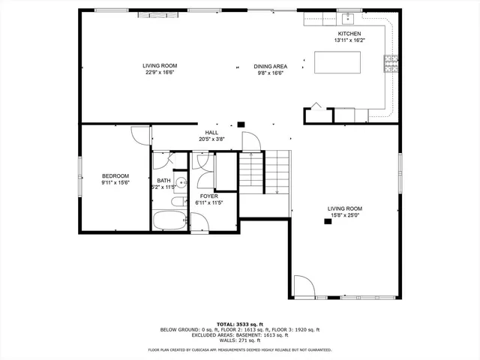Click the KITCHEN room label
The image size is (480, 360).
pos(349,34)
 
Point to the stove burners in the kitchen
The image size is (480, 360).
pos(391,64)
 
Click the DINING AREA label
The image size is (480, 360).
pos(269,66)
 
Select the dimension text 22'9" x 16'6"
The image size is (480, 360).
pos(160,73)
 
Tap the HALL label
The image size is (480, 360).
pos(211,132)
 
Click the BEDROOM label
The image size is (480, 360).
pos(115,175)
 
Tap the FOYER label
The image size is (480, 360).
pos(208,196)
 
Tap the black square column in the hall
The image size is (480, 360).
pos(241,125)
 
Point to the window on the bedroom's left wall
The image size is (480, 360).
pos(81,180)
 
